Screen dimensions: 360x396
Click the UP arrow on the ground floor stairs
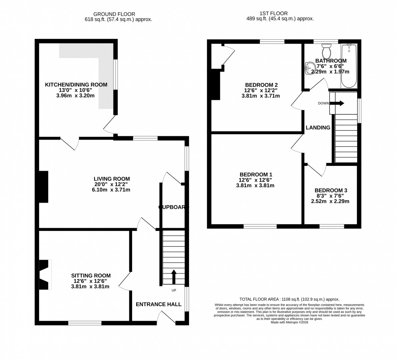pyautogui.click(x=174, y=277)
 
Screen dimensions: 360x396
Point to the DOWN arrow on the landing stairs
pyautogui.click(x=339, y=103)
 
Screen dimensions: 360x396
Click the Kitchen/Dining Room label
pyautogui.click(x=76, y=85)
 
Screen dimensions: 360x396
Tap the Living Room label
pyautogui.click(x=112, y=179)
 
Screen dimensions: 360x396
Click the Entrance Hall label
pyautogui.click(x=158, y=304)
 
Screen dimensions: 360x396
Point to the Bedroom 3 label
pyautogui.click(x=331, y=190)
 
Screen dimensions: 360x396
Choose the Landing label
pyautogui.click(x=318, y=127)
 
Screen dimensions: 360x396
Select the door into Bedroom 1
pyautogui.click(x=297, y=144)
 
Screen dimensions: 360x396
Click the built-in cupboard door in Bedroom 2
pyautogui.click(x=227, y=56)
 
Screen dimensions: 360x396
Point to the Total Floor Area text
pyautogui.click(x=289, y=299)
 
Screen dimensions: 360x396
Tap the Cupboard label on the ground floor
pyautogui.click(x=173, y=207)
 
